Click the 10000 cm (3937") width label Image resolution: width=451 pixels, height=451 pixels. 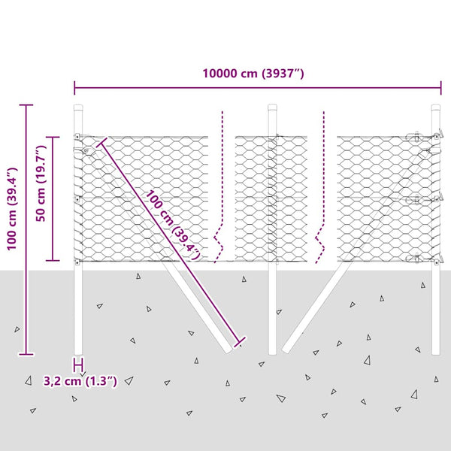[253, 74]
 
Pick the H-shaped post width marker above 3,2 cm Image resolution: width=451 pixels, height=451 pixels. [78, 365]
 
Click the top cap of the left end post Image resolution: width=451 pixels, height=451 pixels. [78, 107]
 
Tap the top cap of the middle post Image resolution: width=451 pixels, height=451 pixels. [273, 107]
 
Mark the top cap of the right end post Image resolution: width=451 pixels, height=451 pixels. [435, 107]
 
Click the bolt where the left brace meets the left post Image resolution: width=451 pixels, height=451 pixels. [87, 150]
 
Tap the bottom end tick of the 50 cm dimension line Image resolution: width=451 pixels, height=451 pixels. [53, 260]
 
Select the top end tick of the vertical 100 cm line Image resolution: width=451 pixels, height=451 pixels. [27, 104]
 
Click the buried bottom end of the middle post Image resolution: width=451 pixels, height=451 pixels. [273, 352]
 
